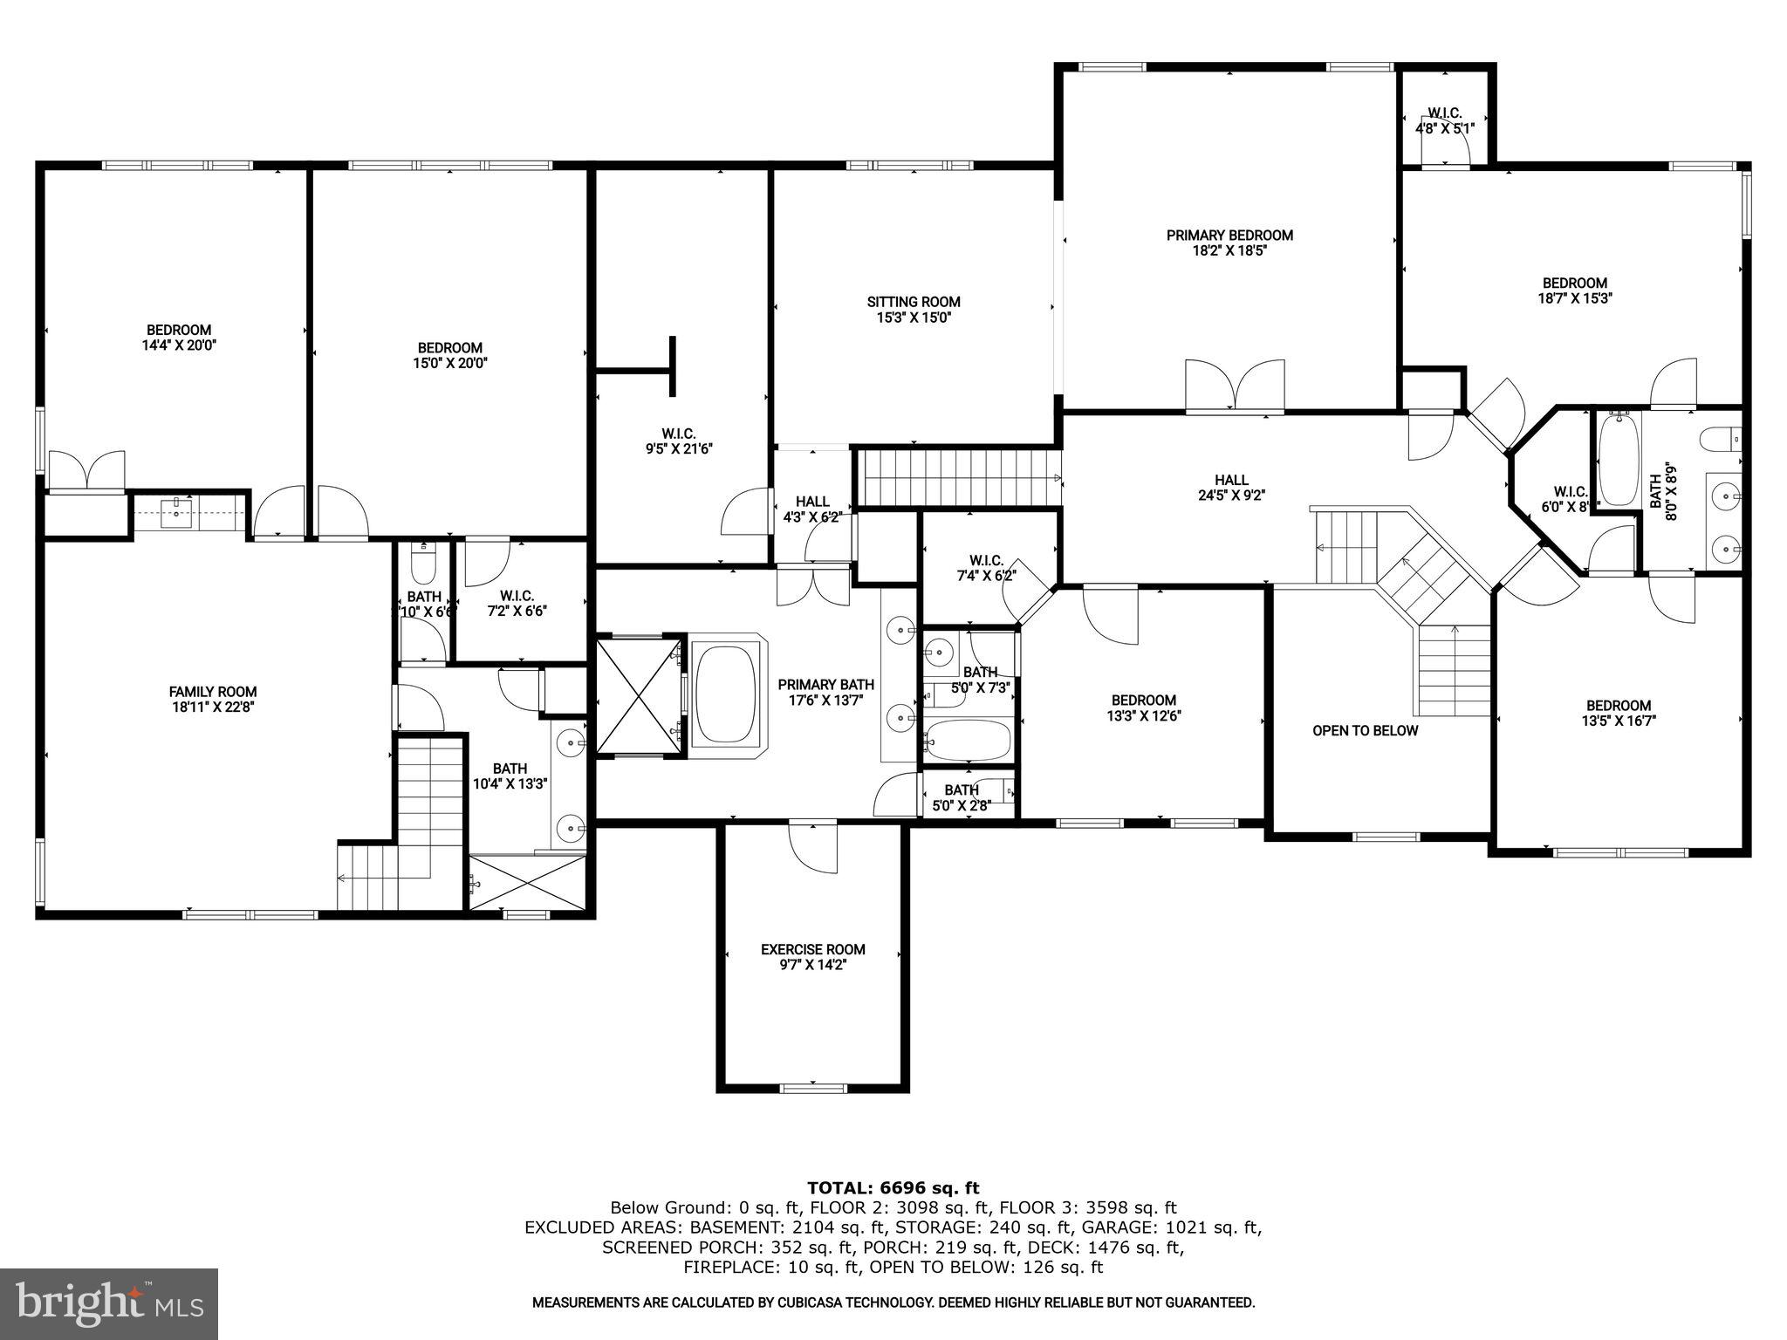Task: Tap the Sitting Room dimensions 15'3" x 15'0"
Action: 913,318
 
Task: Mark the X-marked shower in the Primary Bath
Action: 638,695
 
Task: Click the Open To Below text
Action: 1365,730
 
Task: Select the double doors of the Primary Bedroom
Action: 1235,385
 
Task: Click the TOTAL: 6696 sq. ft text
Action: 893,1187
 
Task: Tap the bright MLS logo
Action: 109,1304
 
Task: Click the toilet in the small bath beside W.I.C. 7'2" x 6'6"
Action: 422,565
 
